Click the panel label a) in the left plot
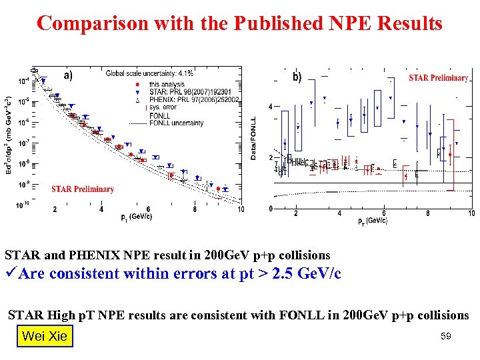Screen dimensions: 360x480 tap(69, 75)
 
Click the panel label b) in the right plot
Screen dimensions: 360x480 tap(297, 77)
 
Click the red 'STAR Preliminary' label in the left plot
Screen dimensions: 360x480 tap(83, 189)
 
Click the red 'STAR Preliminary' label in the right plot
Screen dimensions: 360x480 tap(438, 78)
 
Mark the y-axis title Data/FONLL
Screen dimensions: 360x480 tap(253, 138)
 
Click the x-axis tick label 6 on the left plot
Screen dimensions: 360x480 tap(148, 209)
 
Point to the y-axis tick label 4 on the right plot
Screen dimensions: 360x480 tap(270, 107)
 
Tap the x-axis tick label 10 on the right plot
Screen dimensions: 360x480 tap(471, 214)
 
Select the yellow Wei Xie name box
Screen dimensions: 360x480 tap(44, 336)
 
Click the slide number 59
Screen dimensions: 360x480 tap(445, 337)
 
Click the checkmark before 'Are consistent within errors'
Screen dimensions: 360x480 tap(12, 273)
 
